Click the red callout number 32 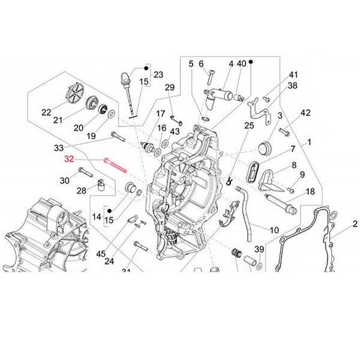pyautogui.click(x=69, y=160)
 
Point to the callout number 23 pyautogui.click(x=158, y=74)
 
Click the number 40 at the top pyautogui.click(x=241, y=63)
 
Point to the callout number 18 pyautogui.click(x=310, y=191)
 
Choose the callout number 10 pyautogui.click(x=274, y=230)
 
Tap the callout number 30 pyautogui.click(x=64, y=181)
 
